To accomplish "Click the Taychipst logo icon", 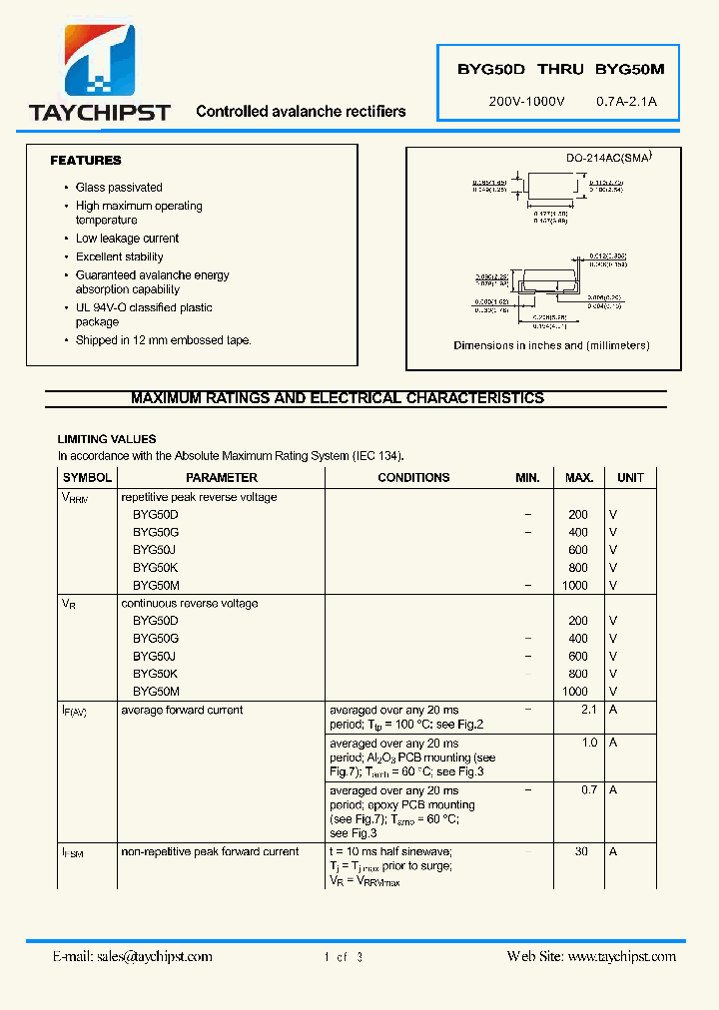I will point(99,61).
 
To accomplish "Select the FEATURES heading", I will point(86,161).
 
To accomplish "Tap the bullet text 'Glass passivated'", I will point(119,188).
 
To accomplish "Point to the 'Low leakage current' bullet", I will point(127,239).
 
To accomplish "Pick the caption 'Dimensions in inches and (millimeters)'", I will point(551,345).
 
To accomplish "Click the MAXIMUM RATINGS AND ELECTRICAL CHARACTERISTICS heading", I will point(338,398).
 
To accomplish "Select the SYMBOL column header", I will point(87,478).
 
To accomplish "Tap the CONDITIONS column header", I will point(413,478).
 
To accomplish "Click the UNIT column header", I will point(630,478).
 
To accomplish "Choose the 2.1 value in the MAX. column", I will point(588,710).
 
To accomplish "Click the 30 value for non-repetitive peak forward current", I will point(581,851).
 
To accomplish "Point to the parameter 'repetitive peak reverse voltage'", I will point(199,497).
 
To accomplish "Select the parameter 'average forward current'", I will point(182,711).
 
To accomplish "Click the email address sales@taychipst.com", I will point(132,956).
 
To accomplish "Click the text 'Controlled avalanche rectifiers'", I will point(301,112).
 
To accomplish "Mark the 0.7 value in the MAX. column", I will point(588,789).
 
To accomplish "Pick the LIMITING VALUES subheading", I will point(107,439).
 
